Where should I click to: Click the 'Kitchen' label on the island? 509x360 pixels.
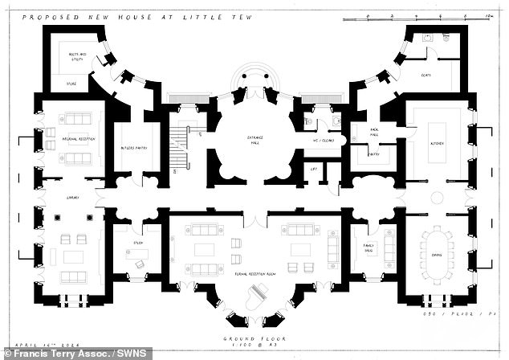tap(437, 145)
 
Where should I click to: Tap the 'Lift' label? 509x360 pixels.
tap(315, 170)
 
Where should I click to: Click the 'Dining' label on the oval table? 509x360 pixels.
tap(438, 255)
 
